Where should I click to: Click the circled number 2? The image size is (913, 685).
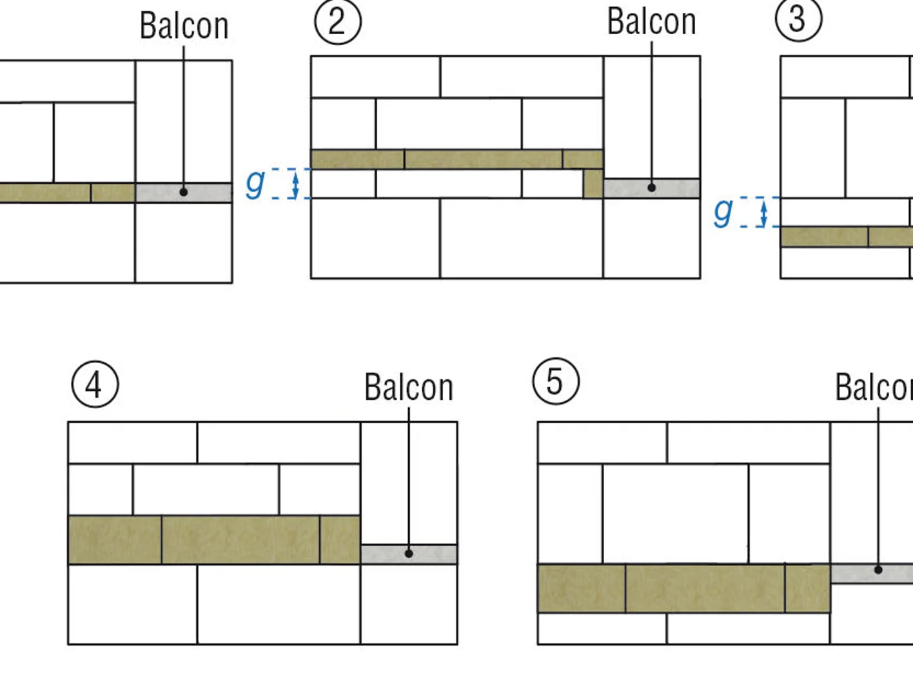[338, 21]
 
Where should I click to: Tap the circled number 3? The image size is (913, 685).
[799, 19]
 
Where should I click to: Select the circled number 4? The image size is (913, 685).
[95, 384]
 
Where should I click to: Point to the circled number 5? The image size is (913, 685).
[556, 381]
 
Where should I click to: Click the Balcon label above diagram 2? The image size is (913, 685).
[651, 22]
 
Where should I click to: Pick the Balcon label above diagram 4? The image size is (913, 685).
[408, 387]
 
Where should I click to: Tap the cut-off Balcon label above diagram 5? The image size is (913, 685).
[874, 387]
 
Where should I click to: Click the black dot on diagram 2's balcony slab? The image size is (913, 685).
[652, 188]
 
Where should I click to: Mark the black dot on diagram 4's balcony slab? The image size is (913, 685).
[409, 553]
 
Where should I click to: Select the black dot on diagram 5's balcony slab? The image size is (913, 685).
[878, 570]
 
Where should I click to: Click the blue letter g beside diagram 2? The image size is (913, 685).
[255, 184]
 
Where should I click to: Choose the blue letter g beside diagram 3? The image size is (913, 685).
[723, 212]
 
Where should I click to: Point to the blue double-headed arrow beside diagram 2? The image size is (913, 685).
[295, 184]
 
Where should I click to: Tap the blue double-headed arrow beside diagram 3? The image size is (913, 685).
[763, 212]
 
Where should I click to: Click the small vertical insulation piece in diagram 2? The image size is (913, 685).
[593, 183]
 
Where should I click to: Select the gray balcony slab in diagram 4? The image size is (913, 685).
[409, 554]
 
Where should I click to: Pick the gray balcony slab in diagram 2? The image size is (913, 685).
[652, 188]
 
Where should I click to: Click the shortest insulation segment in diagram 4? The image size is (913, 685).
[340, 540]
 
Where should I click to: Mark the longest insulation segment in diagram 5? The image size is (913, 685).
[705, 588]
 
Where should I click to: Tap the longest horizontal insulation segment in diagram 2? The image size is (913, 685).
[484, 159]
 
